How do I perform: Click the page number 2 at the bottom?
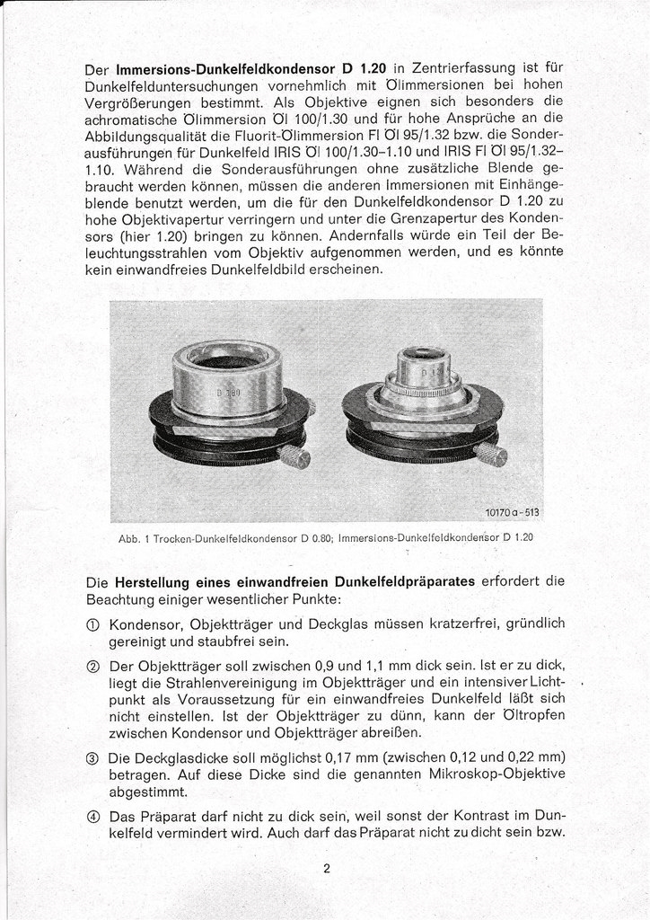[x=328, y=869]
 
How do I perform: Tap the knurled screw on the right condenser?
[x=491, y=455]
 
